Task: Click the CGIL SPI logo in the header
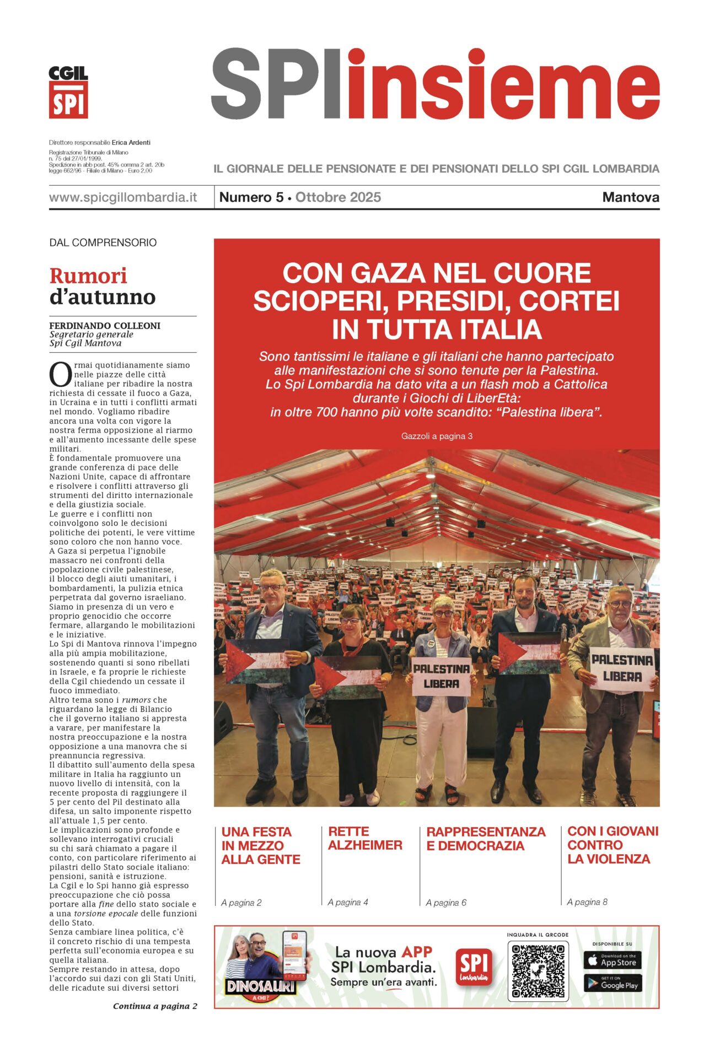pyautogui.click(x=68, y=92)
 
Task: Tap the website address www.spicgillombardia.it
pyautogui.click(x=123, y=197)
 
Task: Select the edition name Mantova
pyautogui.click(x=630, y=197)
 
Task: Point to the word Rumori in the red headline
pyautogui.click(x=88, y=276)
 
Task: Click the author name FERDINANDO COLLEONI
pyautogui.click(x=105, y=326)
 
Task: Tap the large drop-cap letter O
pyautogui.click(x=60, y=375)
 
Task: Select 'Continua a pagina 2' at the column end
pyautogui.click(x=155, y=1006)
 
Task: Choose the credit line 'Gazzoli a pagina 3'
pyautogui.click(x=437, y=436)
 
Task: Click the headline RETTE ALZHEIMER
pyautogui.click(x=365, y=838)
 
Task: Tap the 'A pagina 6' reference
pyautogui.click(x=446, y=903)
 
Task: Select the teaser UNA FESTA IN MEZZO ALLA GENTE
pyautogui.click(x=260, y=845)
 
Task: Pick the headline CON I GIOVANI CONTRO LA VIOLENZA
pyautogui.click(x=613, y=845)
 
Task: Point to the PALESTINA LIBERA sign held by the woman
pyautogui.click(x=442, y=676)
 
